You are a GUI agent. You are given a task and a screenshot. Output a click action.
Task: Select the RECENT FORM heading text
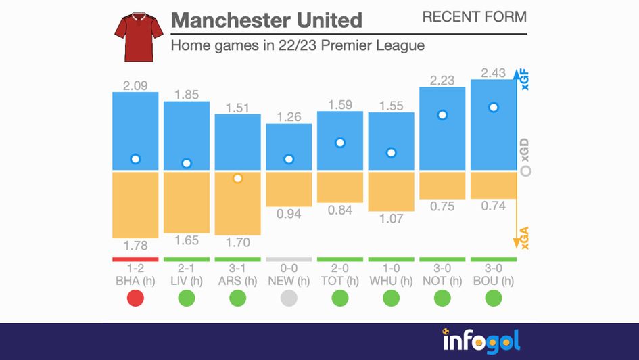474,17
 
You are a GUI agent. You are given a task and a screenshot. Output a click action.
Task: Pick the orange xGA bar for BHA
135,204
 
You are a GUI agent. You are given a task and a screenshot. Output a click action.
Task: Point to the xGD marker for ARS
237,179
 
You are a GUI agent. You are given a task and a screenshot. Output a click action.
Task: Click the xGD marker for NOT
442,115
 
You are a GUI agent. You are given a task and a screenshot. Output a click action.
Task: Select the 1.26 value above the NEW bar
289,117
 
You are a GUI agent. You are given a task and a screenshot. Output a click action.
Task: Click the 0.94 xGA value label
289,215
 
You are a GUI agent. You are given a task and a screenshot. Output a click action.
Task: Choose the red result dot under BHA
135,298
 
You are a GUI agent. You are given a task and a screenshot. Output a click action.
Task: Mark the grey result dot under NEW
289,298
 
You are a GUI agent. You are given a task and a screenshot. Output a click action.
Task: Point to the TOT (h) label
340,281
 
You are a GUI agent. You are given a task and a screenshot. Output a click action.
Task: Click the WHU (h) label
391,281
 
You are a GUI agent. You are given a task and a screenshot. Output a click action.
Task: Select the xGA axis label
525,237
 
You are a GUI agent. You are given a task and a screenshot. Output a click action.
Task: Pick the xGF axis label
525,81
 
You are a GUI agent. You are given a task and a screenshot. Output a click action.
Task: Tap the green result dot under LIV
187,298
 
